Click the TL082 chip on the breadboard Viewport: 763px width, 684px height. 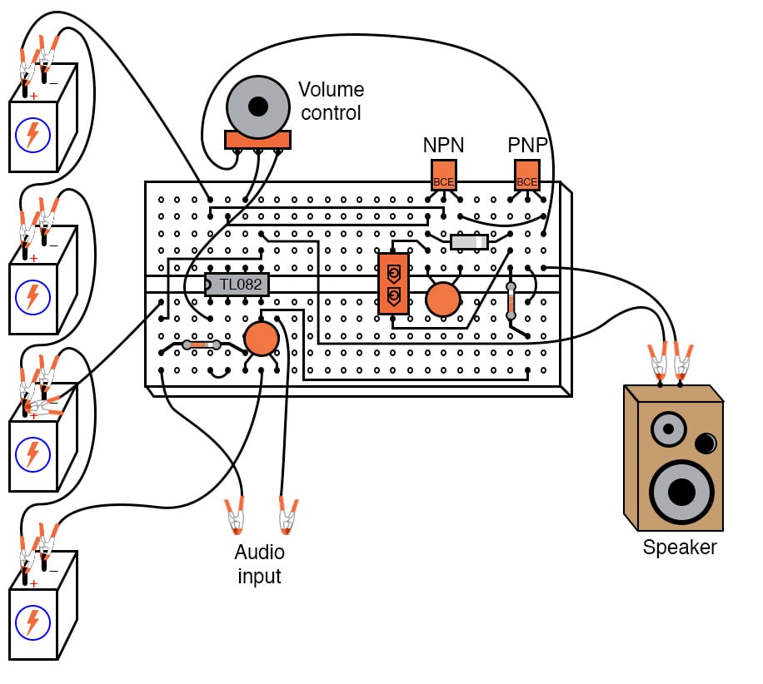(x=237, y=285)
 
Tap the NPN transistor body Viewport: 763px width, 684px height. (x=444, y=176)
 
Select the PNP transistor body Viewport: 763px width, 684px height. (x=527, y=176)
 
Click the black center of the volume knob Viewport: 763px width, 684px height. (x=258, y=107)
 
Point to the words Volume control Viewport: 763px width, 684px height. (x=331, y=101)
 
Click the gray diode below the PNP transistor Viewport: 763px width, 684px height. (x=469, y=241)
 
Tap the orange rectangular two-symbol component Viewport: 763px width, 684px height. (x=393, y=284)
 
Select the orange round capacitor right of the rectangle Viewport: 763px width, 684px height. (x=443, y=300)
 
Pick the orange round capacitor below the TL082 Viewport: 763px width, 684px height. (x=262, y=339)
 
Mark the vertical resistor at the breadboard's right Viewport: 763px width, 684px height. (x=511, y=301)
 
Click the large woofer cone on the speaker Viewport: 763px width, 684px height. (x=681, y=492)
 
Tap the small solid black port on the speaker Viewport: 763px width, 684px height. (x=706, y=443)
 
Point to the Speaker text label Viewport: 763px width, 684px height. (x=679, y=548)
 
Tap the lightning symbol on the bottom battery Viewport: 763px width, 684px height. (x=32, y=621)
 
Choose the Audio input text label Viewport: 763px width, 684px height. (x=259, y=564)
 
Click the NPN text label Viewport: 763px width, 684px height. (x=443, y=145)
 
